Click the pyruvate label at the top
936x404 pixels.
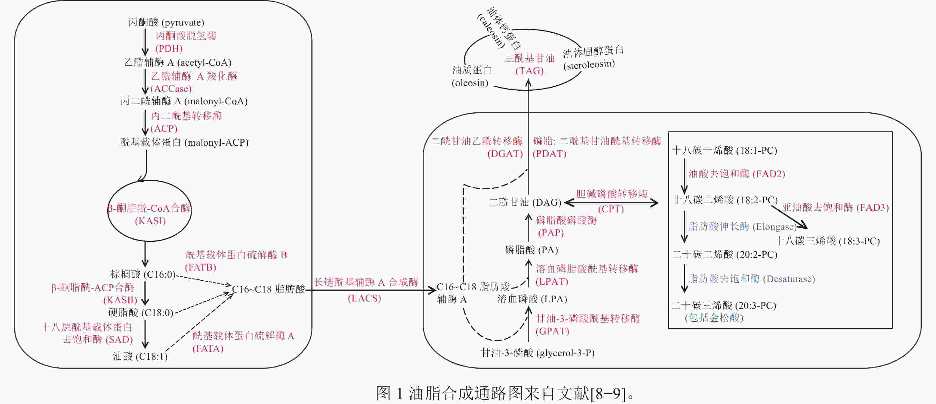coord(166,23)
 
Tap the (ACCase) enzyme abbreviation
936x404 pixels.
coord(171,89)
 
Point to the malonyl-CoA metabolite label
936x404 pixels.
coord(184,101)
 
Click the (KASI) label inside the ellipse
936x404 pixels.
coord(150,221)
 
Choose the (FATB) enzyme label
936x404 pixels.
coord(201,267)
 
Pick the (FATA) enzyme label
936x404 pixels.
coord(208,348)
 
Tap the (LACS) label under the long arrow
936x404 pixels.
coord(364,298)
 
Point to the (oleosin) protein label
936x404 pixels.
coord(470,83)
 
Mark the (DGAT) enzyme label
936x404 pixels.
coord(505,154)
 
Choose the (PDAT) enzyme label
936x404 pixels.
coord(549,154)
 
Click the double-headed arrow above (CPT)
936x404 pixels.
coord(611,202)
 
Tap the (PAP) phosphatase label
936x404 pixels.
coord(551,233)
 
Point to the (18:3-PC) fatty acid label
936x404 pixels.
coord(827,241)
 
